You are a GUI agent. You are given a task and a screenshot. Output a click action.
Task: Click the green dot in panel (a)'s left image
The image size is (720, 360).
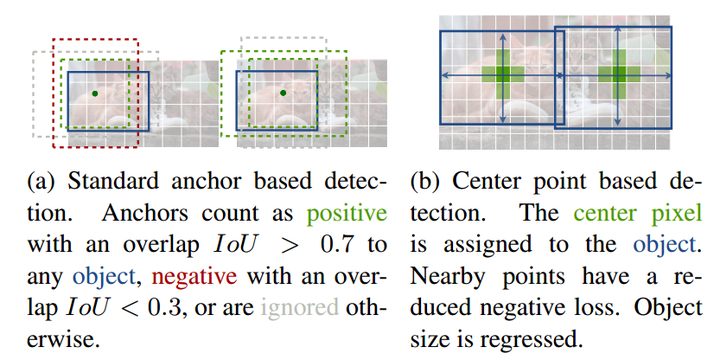click(94, 92)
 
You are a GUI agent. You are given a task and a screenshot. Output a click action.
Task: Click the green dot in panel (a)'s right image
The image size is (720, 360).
click(283, 92)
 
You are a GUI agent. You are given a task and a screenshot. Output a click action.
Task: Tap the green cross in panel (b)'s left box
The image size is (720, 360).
click(503, 74)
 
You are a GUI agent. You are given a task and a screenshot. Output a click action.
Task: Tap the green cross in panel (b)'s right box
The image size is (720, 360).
click(620, 74)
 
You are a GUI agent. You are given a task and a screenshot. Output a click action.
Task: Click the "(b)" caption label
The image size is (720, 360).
click(423, 185)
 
